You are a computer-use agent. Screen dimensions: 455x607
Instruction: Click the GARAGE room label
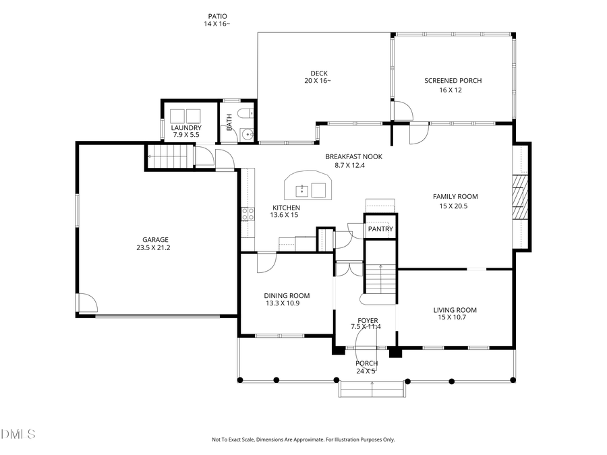pos(155,239)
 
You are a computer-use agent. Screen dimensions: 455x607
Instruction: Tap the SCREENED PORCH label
pos(453,81)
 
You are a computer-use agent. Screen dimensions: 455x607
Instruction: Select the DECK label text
pos(318,73)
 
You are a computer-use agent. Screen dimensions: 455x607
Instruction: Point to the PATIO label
pos(217,16)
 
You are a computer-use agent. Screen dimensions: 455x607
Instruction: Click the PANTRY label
pos(380,230)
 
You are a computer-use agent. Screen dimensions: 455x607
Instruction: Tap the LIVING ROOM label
pos(455,310)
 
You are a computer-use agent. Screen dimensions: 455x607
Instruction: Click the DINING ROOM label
pos(287,295)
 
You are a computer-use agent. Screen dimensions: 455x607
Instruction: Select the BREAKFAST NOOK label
pos(353,156)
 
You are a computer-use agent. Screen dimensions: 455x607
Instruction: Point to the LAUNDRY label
pos(186,128)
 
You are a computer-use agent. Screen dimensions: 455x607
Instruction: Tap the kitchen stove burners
pos(248,214)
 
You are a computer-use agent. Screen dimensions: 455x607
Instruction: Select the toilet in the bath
pos(248,114)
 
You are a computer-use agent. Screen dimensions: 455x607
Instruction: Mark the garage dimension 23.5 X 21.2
pos(155,247)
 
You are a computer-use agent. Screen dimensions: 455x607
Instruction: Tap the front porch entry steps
pos(373,390)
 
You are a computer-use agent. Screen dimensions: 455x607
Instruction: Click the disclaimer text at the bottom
pos(303,439)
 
